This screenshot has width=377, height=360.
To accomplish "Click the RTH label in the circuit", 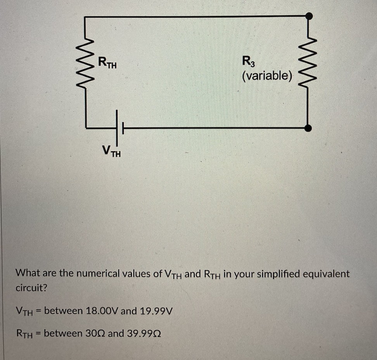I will point(107,62).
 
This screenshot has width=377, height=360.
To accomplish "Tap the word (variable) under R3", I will point(267,75).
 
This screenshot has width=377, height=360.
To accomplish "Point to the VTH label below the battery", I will point(111,150).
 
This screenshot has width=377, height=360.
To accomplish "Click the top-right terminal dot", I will point(309,16).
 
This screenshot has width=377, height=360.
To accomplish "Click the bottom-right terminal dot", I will point(308,128).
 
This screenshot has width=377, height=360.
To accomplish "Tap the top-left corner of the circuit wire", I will point(85,17).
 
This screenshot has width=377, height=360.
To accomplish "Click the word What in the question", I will point(26,273).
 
